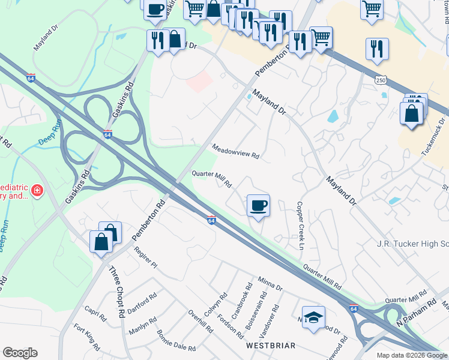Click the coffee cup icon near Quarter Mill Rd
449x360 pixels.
[x=258, y=206]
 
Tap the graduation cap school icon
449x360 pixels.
[x=313, y=318]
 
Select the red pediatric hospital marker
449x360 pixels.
[x=38, y=191]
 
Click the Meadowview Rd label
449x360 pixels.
[x=235, y=151]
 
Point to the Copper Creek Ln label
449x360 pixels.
[x=299, y=226]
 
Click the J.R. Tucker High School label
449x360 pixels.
[x=412, y=244]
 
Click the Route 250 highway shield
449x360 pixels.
[x=381, y=80]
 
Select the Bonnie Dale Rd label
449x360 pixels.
[x=176, y=340]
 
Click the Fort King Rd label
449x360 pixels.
[x=87, y=337]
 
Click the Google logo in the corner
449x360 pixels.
[x=20, y=353]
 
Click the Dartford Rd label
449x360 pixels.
[x=142, y=299]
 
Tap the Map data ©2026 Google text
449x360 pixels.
[x=412, y=355]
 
